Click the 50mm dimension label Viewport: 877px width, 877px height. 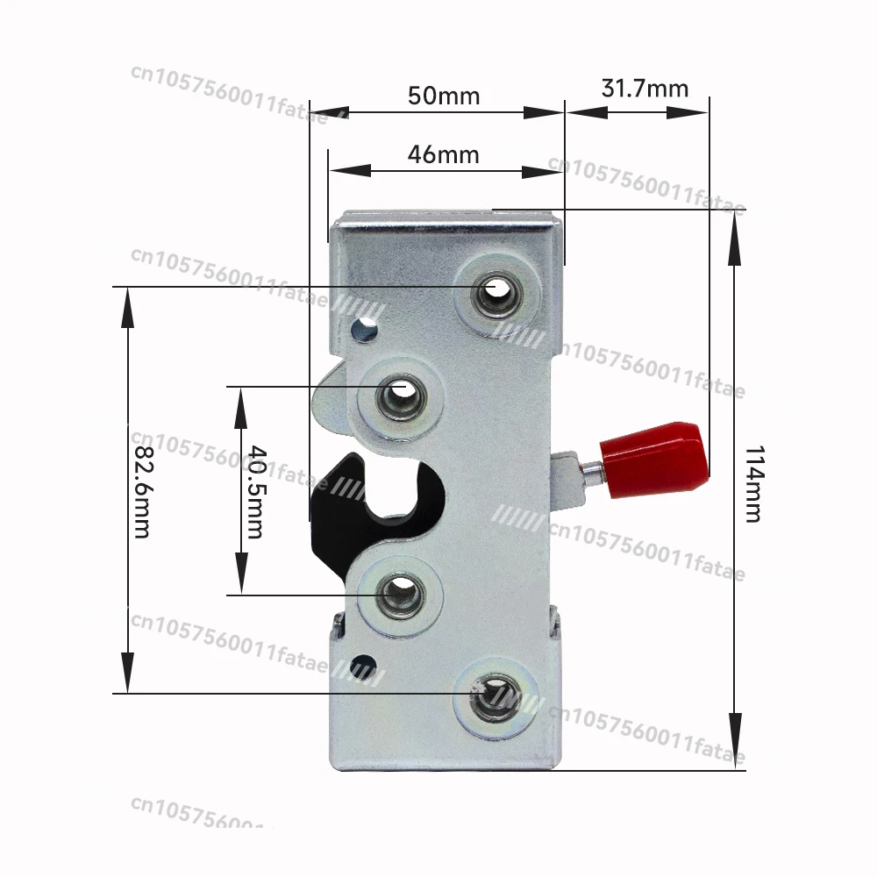tap(444, 96)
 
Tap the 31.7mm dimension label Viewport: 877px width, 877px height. tap(645, 89)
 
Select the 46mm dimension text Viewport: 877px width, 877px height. tap(444, 155)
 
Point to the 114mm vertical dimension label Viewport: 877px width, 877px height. tap(752, 483)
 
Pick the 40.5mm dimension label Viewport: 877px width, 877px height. tap(255, 491)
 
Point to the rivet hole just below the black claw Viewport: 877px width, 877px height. tap(399, 596)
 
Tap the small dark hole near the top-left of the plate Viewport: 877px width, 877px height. tap(359, 331)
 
